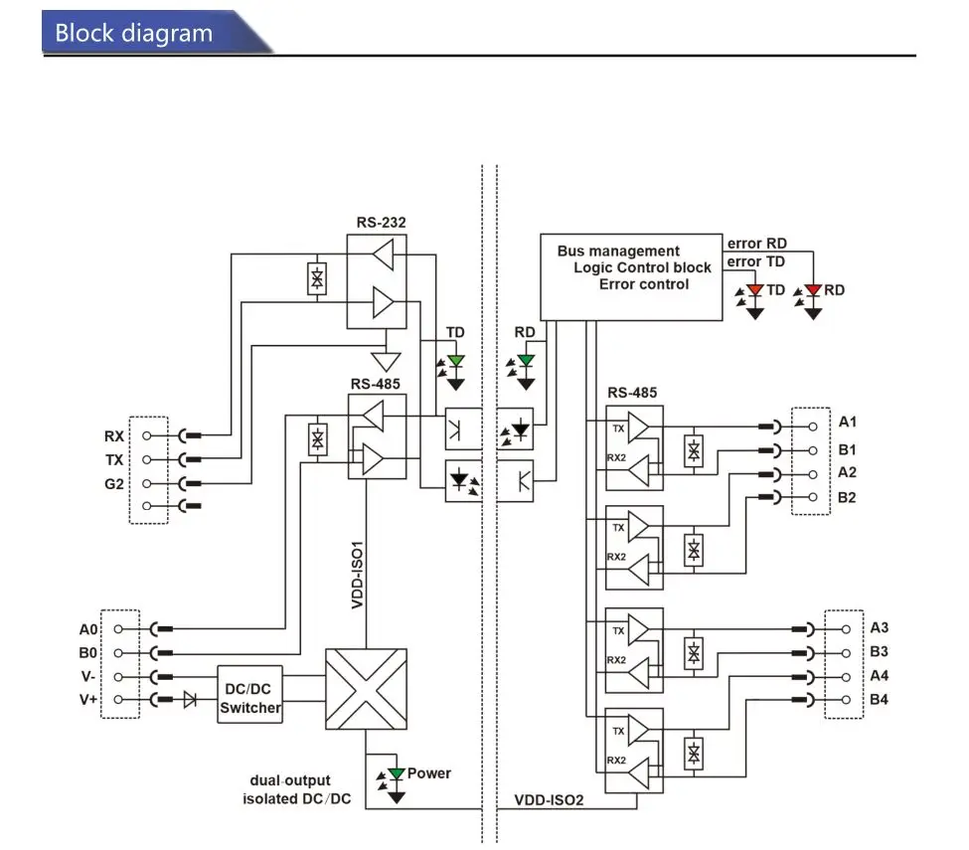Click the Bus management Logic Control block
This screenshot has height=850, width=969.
pyautogui.click(x=631, y=277)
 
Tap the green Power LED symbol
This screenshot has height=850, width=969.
pyautogui.click(x=396, y=784)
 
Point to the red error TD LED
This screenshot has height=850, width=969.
pyautogui.click(x=754, y=301)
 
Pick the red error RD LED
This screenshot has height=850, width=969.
pyautogui.click(x=813, y=301)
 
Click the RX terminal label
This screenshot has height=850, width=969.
pyautogui.click(x=114, y=436)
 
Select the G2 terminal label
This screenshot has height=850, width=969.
pyautogui.click(x=114, y=484)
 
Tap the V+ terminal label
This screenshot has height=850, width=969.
pyautogui.click(x=88, y=700)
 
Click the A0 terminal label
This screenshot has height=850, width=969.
pyautogui.click(x=88, y=629)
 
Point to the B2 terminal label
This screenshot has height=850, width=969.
pyautogui.click(x=847, y=498)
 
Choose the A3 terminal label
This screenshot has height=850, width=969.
pyautogui.click(x=879, y=627)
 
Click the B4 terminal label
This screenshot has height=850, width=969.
pyautogui.click(x=879, y=699)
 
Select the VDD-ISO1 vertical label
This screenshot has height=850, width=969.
pyautogui.click(x=357, y=575)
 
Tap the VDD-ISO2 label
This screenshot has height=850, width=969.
pyautogui.click(x=549, y=800)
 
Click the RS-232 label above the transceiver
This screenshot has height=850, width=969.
pyautogui.click(x=381, y=223)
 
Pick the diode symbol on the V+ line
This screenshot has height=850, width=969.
pyautogui.click(x=191, y=700)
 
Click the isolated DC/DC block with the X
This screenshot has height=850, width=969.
pyautogui.click(x=366, y=689)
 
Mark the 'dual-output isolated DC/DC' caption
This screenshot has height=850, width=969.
pyautogui.click(x=296, y=789)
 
